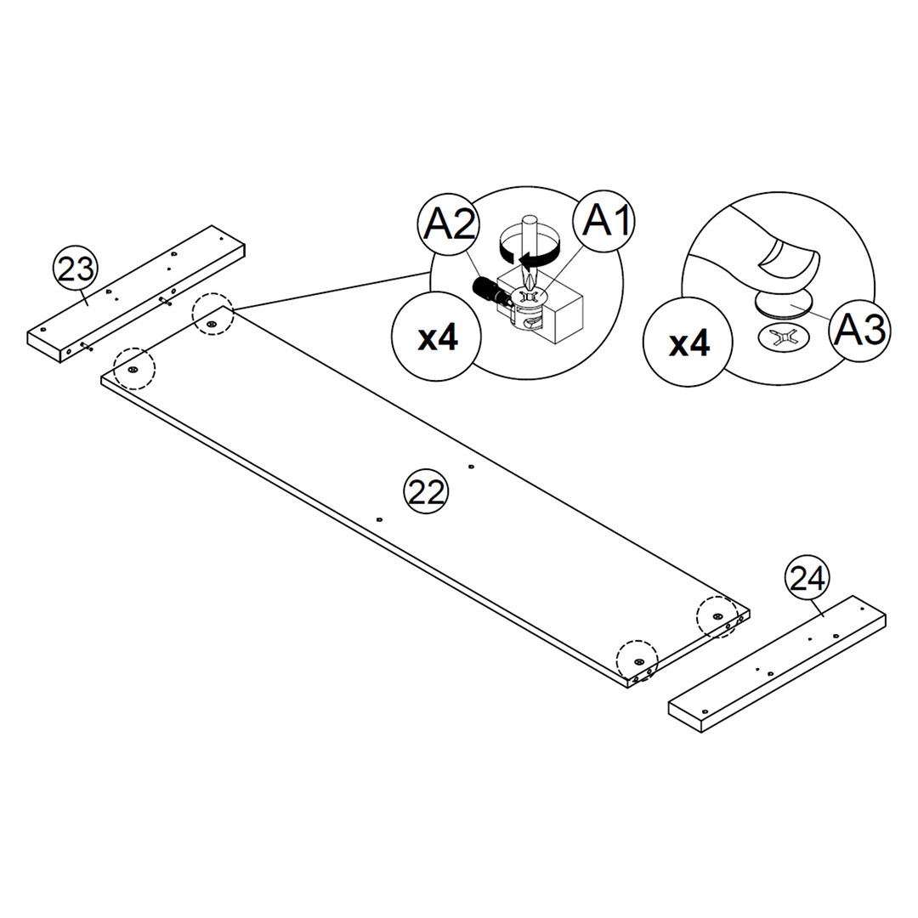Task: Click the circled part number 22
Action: coord(426,491)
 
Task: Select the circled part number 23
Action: coord(76,269)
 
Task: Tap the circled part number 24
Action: coord(807,578)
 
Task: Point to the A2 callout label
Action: coord(448,224)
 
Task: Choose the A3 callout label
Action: coord(859,329)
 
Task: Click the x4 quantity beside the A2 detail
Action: coord(438,337)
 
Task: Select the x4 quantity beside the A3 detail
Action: coord(688,344)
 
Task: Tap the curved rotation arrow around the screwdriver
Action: coord(530,253)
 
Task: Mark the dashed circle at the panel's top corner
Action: coord(212,314)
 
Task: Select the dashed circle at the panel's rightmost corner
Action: coord(717,615)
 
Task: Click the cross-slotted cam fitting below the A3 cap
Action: coord(783,337)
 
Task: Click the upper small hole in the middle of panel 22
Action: coord(470,466)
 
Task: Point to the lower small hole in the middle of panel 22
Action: coord(379,518)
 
